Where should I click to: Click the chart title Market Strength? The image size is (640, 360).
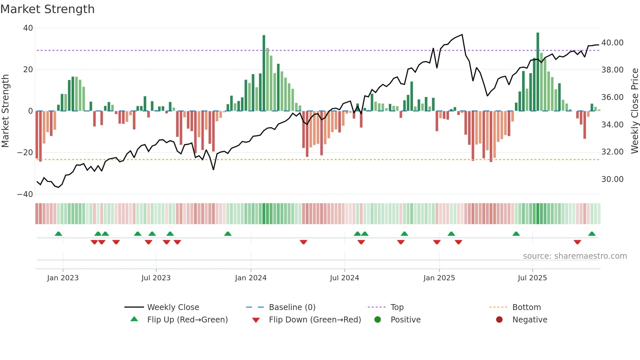[x=47, y=9]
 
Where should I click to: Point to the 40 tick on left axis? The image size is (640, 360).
[x=28, y=28]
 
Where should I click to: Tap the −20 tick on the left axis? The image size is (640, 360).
[x=25, y=153]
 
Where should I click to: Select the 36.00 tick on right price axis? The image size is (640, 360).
[x=612, y=97]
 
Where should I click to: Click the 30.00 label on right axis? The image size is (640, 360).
[x=612, y=179]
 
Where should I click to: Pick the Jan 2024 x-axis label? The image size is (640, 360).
[x=250, y=278]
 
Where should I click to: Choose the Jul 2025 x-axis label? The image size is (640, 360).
[x=532, y=278]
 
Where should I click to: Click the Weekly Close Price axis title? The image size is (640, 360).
[x=634, y=111]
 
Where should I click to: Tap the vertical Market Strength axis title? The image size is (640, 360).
[x=5, y=111]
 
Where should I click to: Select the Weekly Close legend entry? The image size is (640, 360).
[x=173, y=307]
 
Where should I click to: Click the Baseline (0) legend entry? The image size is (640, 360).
[x=292, y=307]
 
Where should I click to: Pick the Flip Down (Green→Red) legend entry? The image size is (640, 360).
[x=315, y=320]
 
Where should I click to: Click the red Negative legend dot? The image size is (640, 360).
[x=499, y=320]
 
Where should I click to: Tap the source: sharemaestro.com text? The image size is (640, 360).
[x=575, y=256]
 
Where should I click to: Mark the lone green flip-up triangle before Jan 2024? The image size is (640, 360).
[x=228, y=234]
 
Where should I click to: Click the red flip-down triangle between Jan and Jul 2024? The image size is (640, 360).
[x=303, y=242]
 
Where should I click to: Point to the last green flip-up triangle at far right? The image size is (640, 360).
[x=592, y=234]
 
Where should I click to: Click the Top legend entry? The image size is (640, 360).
[x=397, y=307]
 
